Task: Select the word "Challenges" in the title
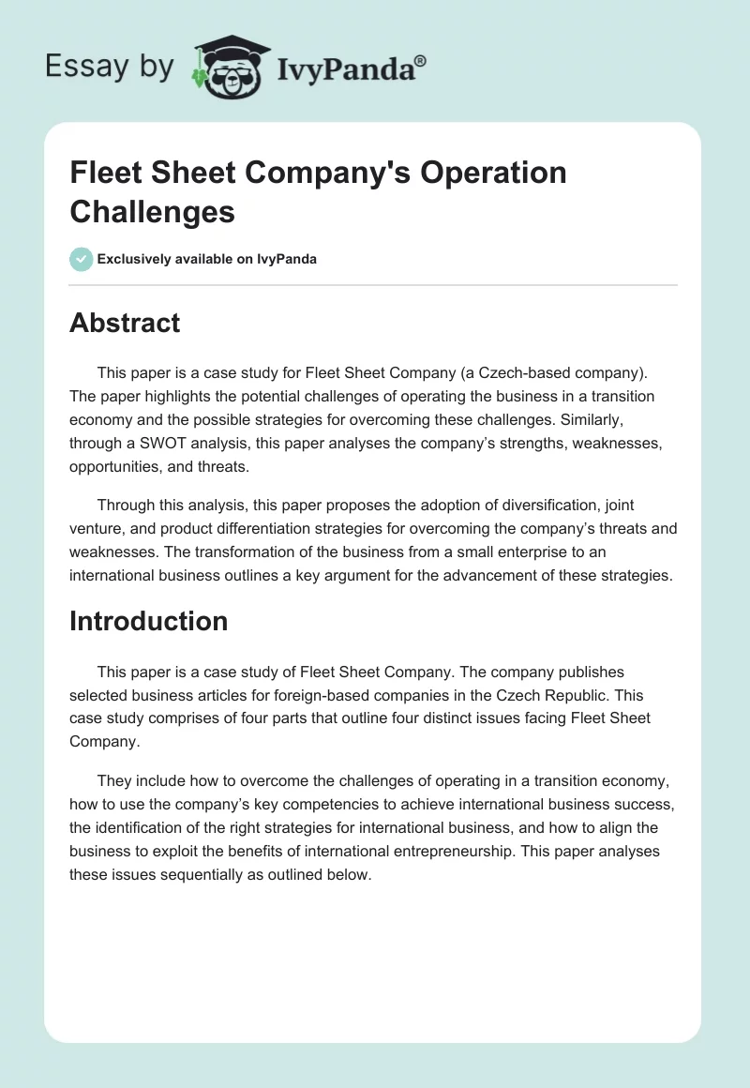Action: [x=152, y=212]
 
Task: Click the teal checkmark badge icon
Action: [x=82, y=259]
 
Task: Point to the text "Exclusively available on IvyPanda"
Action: [x=206, y=259]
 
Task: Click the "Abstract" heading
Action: [x=125, y=323]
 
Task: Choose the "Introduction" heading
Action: [x=148, y=621]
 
